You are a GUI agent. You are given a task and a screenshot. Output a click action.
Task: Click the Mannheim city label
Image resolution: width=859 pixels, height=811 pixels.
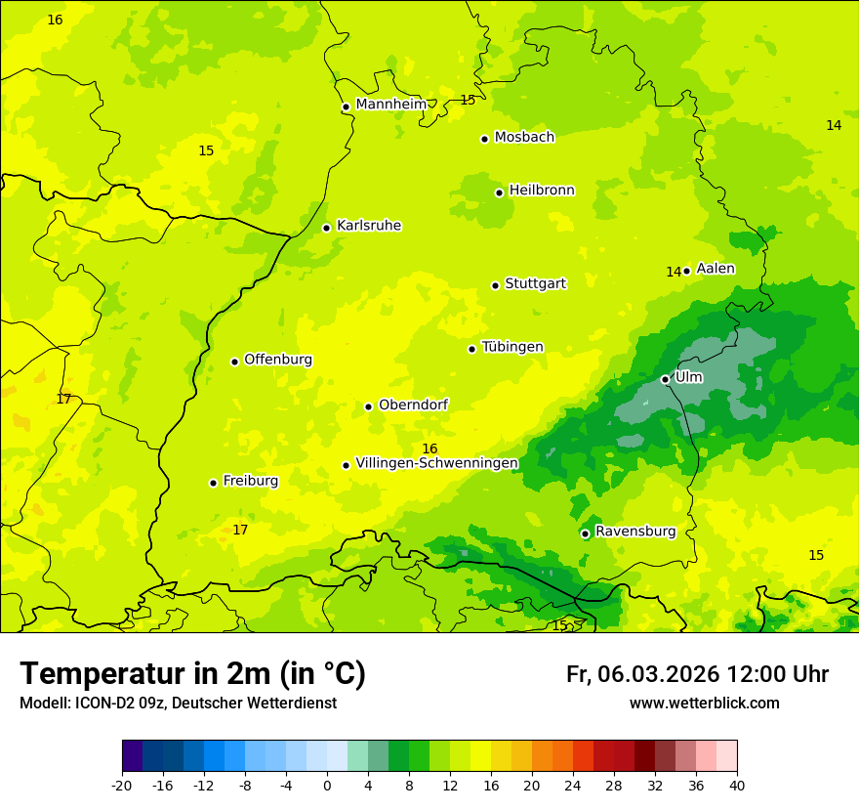[390, 105]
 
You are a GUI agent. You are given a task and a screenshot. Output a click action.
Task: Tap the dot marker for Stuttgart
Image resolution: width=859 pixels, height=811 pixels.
[495, 285]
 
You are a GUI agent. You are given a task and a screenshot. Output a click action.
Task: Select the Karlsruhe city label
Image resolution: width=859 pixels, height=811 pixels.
[368, 226]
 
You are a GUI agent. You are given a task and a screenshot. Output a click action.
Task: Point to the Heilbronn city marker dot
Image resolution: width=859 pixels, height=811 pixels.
[499, 192]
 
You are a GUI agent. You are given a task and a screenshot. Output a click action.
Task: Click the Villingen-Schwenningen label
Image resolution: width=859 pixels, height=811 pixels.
[436, 463]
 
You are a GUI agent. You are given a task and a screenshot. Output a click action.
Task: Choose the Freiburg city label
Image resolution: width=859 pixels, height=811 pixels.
[250, 481]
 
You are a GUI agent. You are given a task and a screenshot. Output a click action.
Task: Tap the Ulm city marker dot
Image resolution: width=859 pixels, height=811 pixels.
[665, 379]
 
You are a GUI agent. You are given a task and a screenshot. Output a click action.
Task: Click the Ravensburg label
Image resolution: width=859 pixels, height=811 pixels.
[634, 532]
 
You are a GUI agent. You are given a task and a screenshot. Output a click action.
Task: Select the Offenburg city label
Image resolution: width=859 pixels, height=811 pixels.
[278, 360]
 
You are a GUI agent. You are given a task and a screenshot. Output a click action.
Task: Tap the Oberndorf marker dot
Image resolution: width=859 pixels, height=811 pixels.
[368, 406]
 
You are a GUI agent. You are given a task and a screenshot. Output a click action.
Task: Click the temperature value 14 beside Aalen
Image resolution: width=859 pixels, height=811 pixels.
[673, 273]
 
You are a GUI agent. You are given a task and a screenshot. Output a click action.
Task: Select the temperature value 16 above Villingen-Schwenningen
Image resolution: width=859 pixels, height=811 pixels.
[429, 448]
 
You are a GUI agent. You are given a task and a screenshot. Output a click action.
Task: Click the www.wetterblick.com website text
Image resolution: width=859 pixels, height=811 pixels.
[704, 704]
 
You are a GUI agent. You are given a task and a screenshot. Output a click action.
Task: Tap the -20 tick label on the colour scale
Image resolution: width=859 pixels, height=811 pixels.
[122, 785]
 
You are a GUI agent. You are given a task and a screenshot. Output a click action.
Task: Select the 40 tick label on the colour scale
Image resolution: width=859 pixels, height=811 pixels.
[736, 785]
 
